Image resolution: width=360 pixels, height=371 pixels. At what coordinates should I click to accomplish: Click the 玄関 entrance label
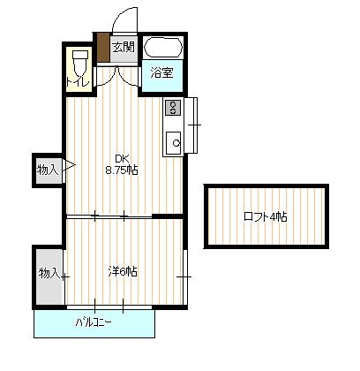click(124, 48)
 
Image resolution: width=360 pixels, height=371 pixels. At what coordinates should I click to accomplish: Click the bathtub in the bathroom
click(162, 49)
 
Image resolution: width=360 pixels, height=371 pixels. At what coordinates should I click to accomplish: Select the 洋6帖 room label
click(123, 271)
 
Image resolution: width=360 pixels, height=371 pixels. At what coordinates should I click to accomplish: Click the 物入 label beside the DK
click(47, 170)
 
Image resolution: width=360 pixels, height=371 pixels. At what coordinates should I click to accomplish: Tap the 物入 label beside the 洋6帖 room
click(48, 274)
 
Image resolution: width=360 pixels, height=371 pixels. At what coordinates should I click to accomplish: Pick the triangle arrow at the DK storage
click(64, 165)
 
